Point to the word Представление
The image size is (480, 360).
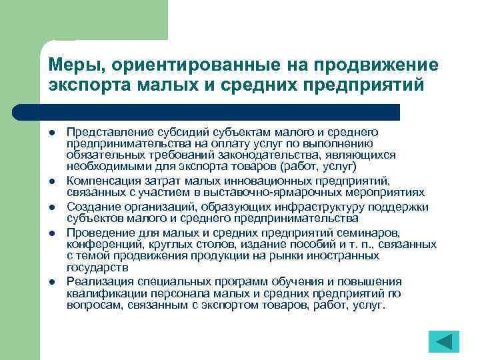tap(105, 134)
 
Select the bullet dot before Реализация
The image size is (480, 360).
tap(51, 281)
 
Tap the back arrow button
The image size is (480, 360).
tap(443, 341)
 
